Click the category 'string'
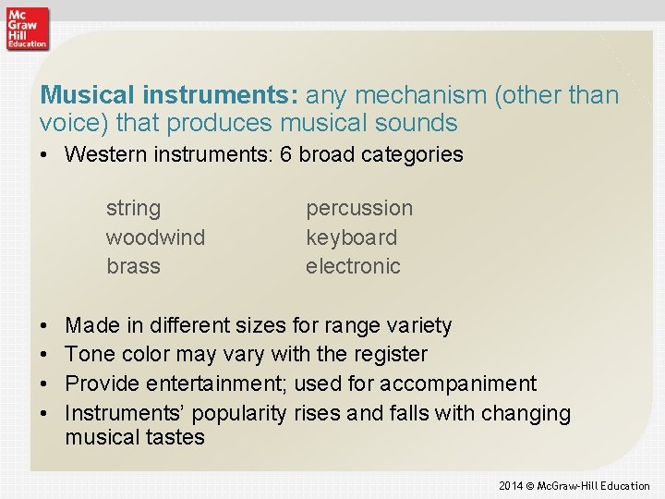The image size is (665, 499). [133, 209]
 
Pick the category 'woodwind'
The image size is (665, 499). [155, 237]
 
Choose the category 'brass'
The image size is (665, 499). [133, 266]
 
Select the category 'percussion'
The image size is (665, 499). [359, 209]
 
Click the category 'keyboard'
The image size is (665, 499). [351, 237]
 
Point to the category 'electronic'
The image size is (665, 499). [353, 266]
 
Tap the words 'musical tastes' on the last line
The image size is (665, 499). [135, 437]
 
